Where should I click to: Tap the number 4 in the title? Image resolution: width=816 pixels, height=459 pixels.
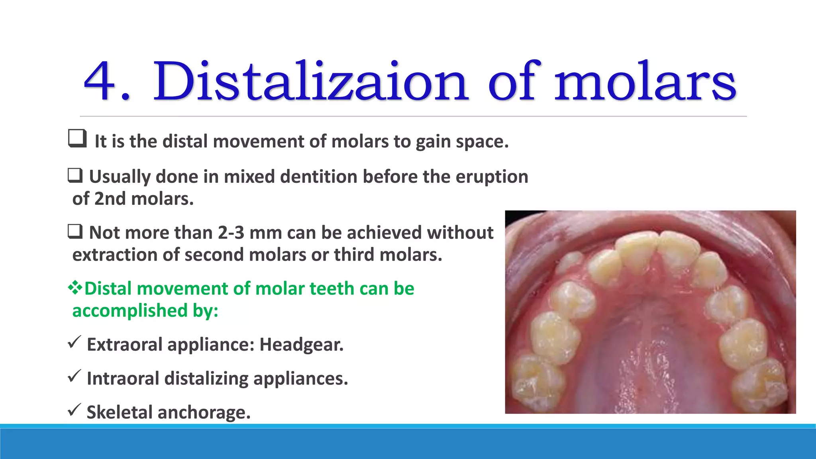pyautogui.click(x=100, y=82)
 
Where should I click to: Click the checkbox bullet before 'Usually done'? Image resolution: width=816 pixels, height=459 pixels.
pyautogui.click(x=75, y=175)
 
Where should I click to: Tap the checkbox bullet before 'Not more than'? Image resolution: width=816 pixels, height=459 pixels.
pyautogui.click(x=75, y=231)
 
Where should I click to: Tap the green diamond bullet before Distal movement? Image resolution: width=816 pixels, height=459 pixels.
pyautogui.click(x=75, y=288)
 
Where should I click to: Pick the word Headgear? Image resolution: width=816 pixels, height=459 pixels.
pyautogui.click(x=301, y=345)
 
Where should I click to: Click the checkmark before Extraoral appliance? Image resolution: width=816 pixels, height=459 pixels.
pyautogui.click(x=75, y=342)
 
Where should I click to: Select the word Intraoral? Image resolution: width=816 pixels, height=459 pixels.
pyautogui.click(x=123, y=379)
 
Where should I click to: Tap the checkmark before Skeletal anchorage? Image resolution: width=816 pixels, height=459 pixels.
pyautogui.click(x=75, y=410)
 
